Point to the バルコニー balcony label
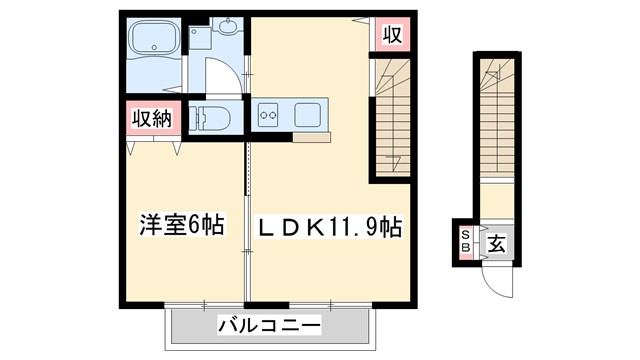coord(269,326)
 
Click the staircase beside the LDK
coord(392,115)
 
